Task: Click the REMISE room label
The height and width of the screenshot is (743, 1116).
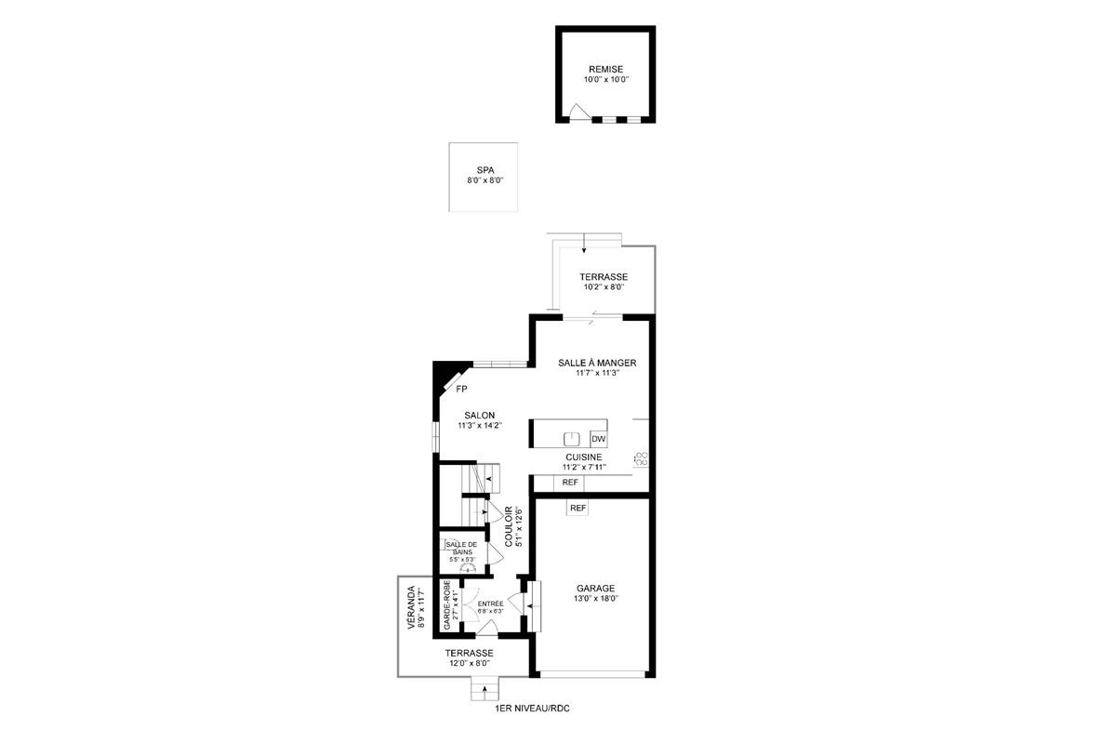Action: pyautogui.click(x=605, y=69)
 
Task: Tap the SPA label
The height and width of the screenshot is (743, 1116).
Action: pyautogui.click(x=485, y=170)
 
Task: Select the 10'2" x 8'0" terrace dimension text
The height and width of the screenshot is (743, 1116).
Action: pyautogui.click(x=604, y=287)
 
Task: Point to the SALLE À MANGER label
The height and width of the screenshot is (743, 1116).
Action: pyautogui.click(x=597, y=363)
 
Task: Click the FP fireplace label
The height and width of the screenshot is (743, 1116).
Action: pyautogui.click(x=461, y=389)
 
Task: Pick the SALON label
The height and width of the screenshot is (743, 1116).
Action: pyautogui.click(x=480, y=416)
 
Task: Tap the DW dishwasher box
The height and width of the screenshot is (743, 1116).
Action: pyautogui.click(x=598, y=439)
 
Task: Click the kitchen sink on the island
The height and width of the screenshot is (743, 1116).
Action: pyautogui.click(x=572, y=439)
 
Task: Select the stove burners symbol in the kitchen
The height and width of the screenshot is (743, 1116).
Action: pyautogui.click(x=641, y=458)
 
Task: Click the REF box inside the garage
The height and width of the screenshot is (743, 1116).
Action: pyautogui.click(x=578, y=509)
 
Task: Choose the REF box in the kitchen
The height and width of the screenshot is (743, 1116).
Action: pyautogui.click(x=570, y=482)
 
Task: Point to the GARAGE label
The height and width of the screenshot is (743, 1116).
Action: pyautogui.click(x=595, y=589)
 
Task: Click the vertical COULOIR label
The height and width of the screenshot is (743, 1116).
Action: pyautogui.click(x=510, y=525)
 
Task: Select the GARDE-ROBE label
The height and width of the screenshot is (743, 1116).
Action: pyautogui.click(x=447, y=605)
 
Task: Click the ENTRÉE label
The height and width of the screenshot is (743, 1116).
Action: pyautogui.click(x=490, y=604)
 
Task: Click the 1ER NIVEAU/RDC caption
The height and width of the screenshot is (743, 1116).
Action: pyautogui.click(x=532, y=709)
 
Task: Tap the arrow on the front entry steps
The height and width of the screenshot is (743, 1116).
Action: pyautogui.click(x=485, y=692)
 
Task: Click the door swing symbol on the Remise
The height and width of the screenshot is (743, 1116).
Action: pyautogui.click(x=578, y=113)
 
